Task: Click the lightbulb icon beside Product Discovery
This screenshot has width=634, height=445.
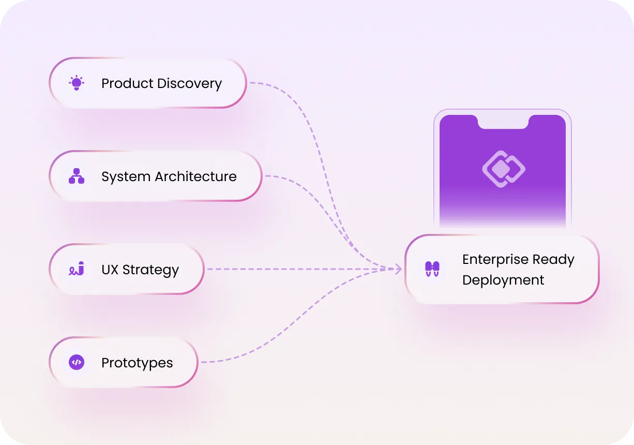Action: (77, 83)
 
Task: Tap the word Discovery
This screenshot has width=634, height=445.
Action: (189, 83)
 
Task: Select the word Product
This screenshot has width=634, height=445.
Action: (128, 83)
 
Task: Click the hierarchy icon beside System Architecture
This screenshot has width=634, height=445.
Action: (77, 176)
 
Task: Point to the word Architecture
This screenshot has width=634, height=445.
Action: (195, 176)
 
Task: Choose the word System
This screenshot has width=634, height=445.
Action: (126, 177)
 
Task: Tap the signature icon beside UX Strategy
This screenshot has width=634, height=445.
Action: (77, 269)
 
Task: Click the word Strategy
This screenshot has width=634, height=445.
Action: (150, 270)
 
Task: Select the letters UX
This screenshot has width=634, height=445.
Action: (110, 270)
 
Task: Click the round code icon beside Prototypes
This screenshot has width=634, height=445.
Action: (77, 362)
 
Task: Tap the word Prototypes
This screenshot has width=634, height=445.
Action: (137, 363)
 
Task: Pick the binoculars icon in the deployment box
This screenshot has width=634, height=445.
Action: (432, 269)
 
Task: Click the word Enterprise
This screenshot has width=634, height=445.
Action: (495, 259)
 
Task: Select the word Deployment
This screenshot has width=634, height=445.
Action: (503, 280)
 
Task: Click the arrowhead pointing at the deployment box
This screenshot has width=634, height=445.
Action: (398, 269)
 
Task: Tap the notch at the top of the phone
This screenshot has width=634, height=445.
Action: (503, 122)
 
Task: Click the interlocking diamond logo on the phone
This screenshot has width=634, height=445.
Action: (504, 169)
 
